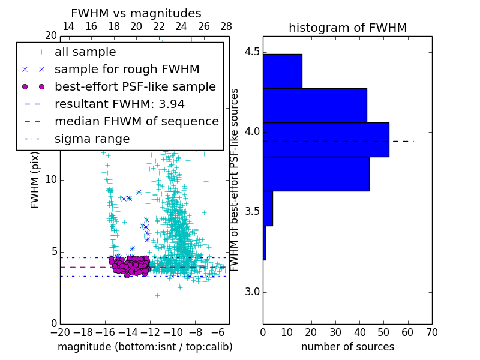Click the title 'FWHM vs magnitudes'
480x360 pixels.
click(x=136, y=14)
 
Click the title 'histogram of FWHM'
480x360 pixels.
click(x=347, y=28)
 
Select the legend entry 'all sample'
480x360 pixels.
click(x=85, y=52)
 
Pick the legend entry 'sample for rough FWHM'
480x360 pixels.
click(x=127, y=69)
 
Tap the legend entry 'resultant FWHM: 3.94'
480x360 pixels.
click(x=119, y=104)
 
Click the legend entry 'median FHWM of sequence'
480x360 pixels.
click(x=136, y=121)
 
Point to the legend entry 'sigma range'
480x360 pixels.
click(x=92, y=139)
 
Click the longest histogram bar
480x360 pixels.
click(x=326, y=140)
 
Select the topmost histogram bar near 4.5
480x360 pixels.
click(x=282, y=71)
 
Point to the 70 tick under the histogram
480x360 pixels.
click(x=431, y=332)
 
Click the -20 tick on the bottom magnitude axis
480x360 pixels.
click(x=60, y=332)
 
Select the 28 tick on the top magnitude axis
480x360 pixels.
click(x=226, y=26)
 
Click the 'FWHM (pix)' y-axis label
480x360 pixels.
click(x=35, y=179)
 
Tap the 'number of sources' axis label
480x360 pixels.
click(x=347, y=347)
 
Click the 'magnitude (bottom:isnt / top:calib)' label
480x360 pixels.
click(x=145, y=347)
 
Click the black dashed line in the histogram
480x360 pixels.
click(x=402, y=141)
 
